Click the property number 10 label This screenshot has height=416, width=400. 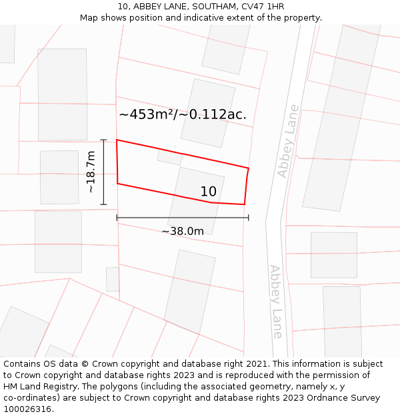[x=208, y=192]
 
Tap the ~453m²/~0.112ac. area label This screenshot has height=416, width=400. [x=183, y=114]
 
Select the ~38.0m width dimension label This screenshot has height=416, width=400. [x=182, y=232]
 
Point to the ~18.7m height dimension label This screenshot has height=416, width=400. [x=91, y=172]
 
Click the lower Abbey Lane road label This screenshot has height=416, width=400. [x=276, y=302]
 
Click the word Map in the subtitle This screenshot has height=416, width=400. [x=89, y=18]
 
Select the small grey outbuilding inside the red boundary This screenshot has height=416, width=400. [x=169, y=157]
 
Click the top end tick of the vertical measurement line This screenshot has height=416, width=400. [x=103, y=140]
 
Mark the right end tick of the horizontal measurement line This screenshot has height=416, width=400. [x=249, y=217]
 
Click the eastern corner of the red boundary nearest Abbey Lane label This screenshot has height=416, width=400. [x=248, y=168]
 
